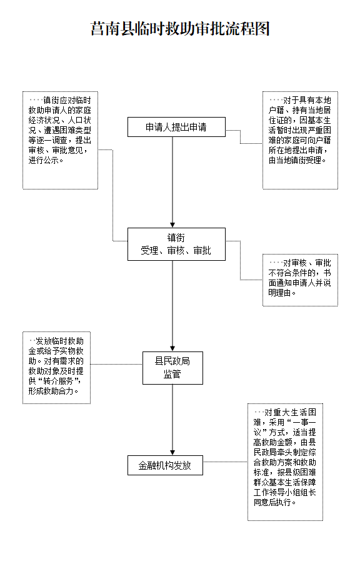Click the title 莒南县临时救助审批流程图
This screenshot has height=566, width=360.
[x=180, y=29]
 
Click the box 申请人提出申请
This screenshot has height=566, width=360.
[x=176, y=127]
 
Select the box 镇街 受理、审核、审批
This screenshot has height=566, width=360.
[x=176, y=244]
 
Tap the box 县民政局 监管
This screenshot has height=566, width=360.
[x=172, y=368]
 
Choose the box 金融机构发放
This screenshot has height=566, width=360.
[x=165, y=465]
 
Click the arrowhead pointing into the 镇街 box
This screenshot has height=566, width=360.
[x=172, y=225]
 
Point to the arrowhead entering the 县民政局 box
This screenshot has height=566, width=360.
[x=172, y=349]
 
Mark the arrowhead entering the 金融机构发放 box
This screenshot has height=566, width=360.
[x=172, y=453]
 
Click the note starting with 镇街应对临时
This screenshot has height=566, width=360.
[x=60, y=140]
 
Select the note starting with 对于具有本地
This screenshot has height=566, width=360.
[x=300, y=140]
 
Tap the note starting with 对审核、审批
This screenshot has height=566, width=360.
[x=300, y=280]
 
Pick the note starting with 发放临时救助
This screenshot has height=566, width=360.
[x=56, y=368]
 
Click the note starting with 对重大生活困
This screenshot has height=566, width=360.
[x=285, y=462]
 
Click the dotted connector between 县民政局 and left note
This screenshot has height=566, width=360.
[x=116, y=364]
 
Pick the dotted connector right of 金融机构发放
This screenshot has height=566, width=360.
[x=225, y=462]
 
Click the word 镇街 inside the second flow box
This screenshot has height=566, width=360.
[x=176, y=238]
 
